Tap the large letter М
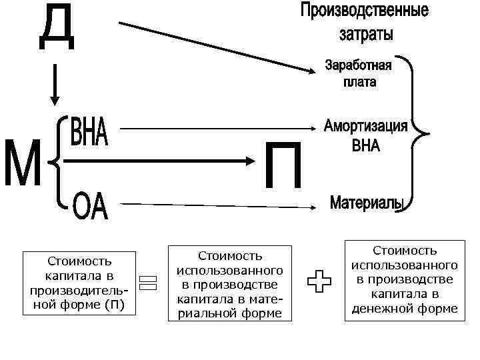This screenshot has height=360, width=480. point(23,163)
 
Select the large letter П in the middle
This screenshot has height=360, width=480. point(283,165)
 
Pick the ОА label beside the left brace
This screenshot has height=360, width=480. point(90,207)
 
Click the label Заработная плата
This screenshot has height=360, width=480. point(359,74)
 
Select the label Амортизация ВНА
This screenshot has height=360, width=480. point(365,135)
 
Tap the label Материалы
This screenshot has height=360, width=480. point(367,203)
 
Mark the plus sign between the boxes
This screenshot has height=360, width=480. point(319,281)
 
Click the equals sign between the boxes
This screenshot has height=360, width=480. point(148,282)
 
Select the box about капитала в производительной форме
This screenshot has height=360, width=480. point(79,283)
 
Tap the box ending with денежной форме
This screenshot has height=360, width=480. point(404,279)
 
